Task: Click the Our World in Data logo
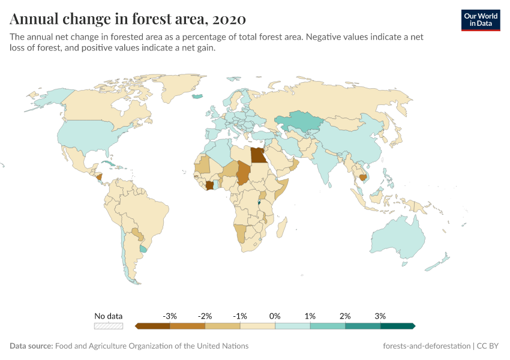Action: tap(481, 20)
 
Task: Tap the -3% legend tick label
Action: tap(170, 316)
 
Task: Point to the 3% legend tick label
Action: tap(380, 316)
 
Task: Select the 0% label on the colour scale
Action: tap(275, 316)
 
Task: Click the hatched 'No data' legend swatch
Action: tap(108, 326)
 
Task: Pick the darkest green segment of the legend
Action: tap(397, 326)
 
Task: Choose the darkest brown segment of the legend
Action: tap(153, 326)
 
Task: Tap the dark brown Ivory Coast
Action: tap(209, 185)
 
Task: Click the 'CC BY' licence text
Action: tap(488, 346)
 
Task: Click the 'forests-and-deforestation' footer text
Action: tap(427, 346)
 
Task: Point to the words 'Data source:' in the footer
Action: tap(31, 346)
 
